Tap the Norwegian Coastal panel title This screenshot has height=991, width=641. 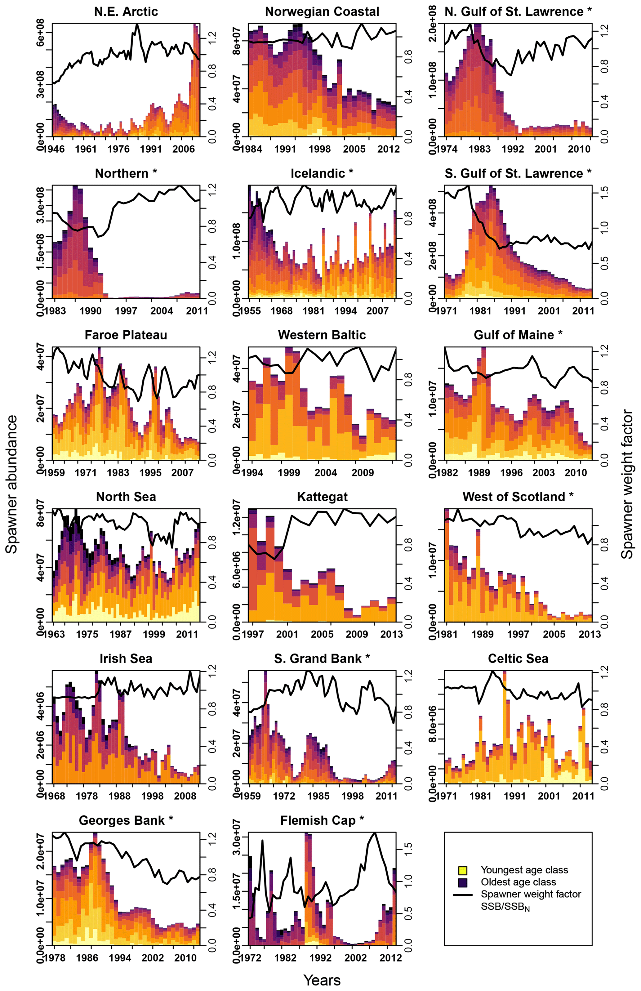click(x=322, y=12)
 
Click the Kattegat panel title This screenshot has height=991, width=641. click(x=322, y=497)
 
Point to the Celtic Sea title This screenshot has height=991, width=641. click(x=518, y=658)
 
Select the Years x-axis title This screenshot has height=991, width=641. click(x=322, y=980)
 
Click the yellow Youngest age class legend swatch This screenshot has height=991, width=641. click(x=462, y=870)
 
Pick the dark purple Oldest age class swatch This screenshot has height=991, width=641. click(x=462, y=882)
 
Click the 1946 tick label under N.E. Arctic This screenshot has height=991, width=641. click(x=54, y=149)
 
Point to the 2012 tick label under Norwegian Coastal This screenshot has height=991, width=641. click(x=388, y=149)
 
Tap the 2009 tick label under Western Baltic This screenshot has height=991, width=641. click(x=363, y=472)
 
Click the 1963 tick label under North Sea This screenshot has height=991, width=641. click(x=54, y=634)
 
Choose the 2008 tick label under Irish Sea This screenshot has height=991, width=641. click(x=185, y=796)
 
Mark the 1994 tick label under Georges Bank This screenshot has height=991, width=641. click(x=120, y=958)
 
